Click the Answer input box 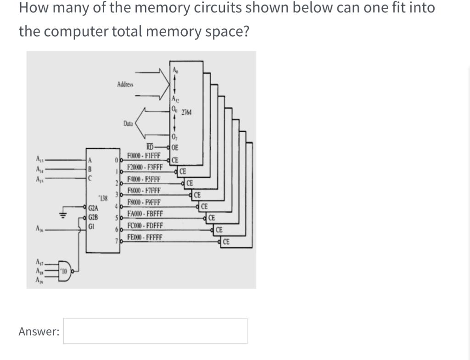pyautogui.click(x=155, y=331)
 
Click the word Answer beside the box pyautogui.click(x=39, y=331)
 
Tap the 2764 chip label pyautogui.click(x=186, y=112)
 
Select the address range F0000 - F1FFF pyautogui.click(x=144, y=155)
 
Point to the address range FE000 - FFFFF pyautogui.click(x=144, y=237)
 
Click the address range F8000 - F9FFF pyautogui.click(x=144, y=202)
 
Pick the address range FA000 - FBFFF pyautogui.click(x=144, y=214)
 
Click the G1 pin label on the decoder pyautogui.click(x=92, y=225)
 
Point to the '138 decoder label pyautogui.click(x=104, y=198)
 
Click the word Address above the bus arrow pyautogui.click(x=125, y=84)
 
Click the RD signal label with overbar pyautogui.click(x=150, y=147)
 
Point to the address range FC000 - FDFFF pyautogui.click(x=144, y=226)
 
